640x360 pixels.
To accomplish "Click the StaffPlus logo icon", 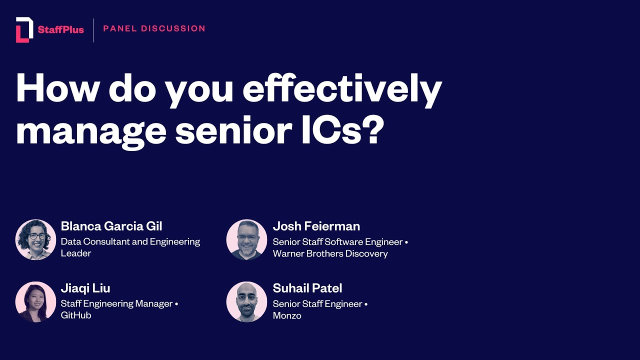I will pyautogui.click(x=24, y=29).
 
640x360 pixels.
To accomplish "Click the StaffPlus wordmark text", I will pyautogui.click(x=60, y=30).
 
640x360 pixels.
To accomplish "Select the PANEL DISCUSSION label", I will pyautogui.click(x=154, y=28).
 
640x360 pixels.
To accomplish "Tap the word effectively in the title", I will pyautogui.click(x=342, y=88).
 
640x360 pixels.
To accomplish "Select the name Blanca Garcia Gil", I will pyautogui.click(x=111, y=226).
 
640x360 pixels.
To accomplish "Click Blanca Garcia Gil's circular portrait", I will pyautogui.click(x=35, y=239).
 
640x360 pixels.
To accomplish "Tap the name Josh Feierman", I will pyautogui.click(x=316, y=226).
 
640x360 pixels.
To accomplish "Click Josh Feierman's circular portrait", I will pyautogui.click(x=246, y=239).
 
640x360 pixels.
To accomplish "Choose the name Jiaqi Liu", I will pyautogui.click(x=85, y=288).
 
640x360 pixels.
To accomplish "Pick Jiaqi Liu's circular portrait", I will pyautogui.click(x=35, y=301).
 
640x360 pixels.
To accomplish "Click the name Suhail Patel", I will pyautogui.click(x=307, y=288).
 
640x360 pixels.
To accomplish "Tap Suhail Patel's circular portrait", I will pyautogui.click(x=246, y=301).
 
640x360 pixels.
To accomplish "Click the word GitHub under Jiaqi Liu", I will pyautogui.click(x=76, y=315).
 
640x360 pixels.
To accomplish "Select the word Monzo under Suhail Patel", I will pyautogui.click(x=287, y=315).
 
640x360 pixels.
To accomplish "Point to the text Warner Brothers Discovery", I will pyautogui.click(x=330, y=253).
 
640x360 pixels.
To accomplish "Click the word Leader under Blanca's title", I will pyautogui.click(x=76, y=253).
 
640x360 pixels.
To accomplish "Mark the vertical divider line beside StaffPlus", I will pyautogui.click(x=93, y=30).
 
